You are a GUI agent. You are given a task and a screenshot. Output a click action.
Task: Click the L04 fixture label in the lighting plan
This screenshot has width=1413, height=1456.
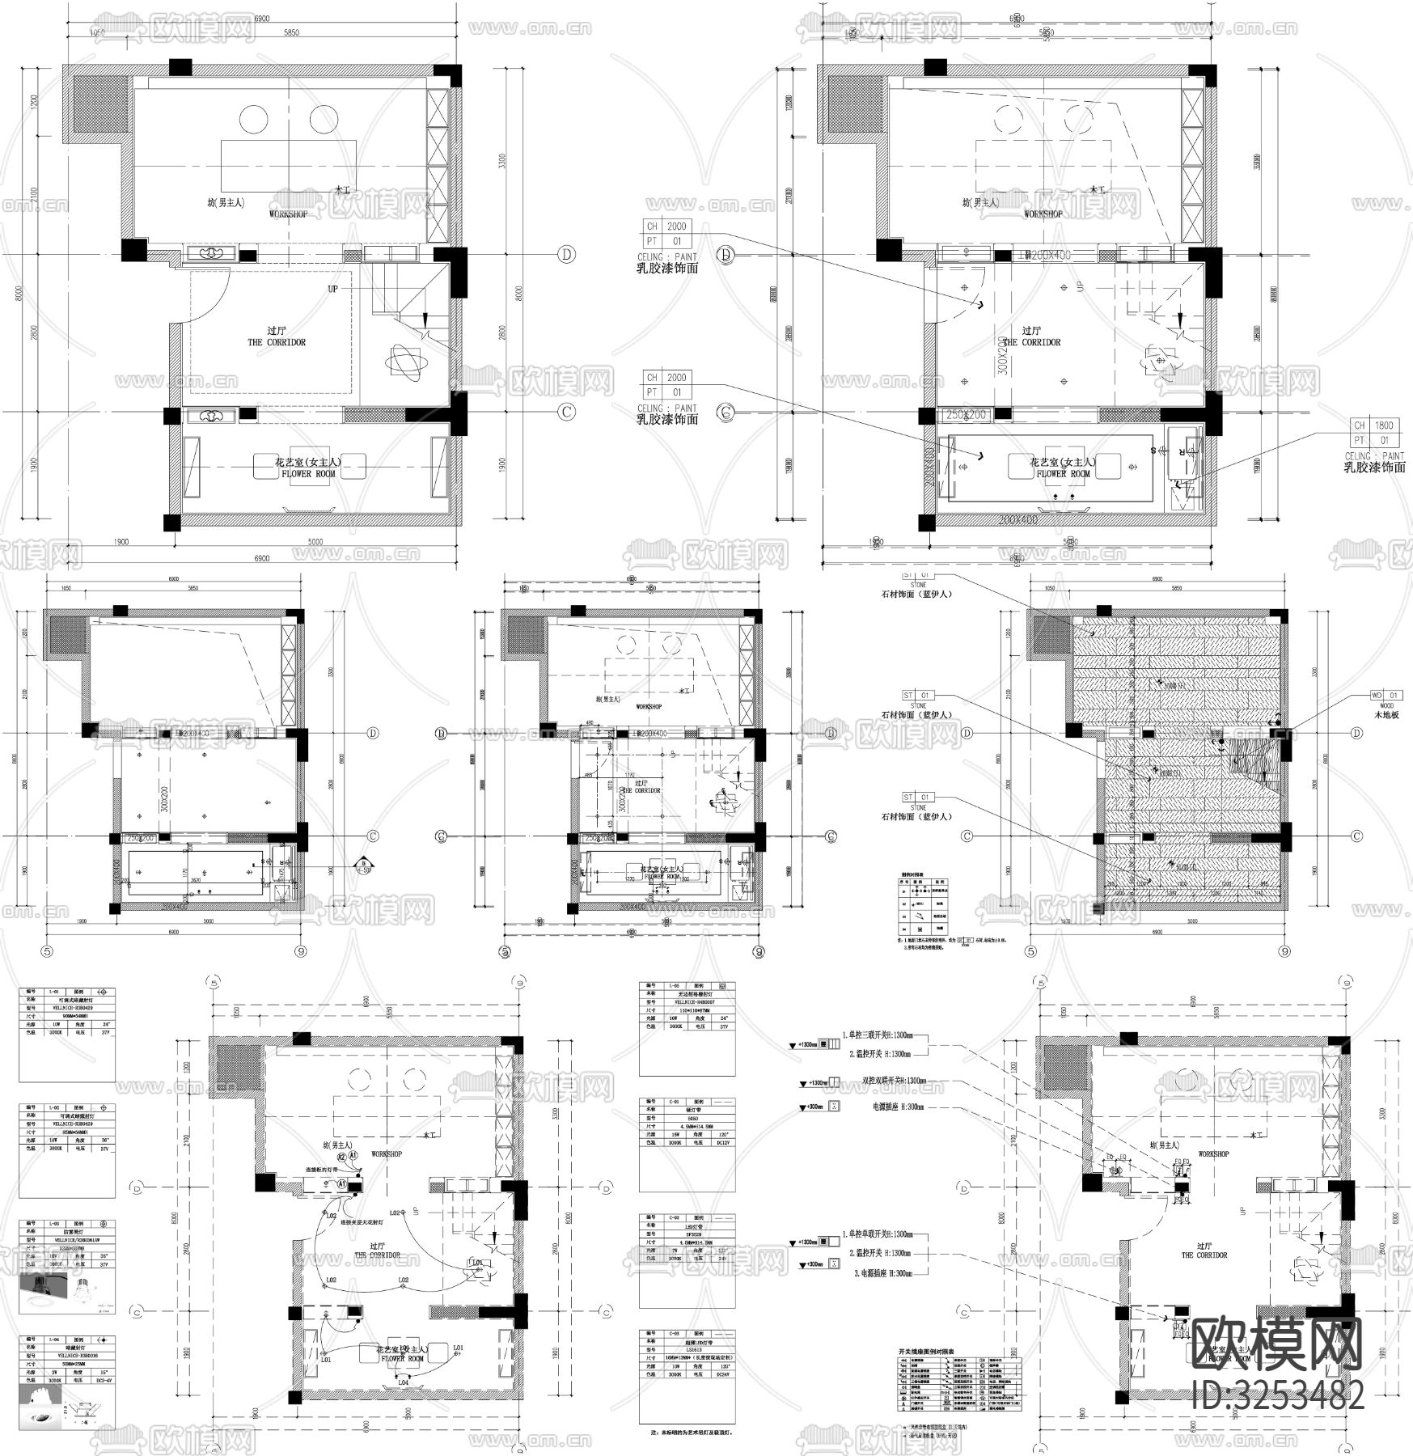[x=402, y=1382]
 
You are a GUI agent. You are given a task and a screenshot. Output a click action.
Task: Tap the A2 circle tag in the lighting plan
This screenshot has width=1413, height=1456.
[x=342, y=1158]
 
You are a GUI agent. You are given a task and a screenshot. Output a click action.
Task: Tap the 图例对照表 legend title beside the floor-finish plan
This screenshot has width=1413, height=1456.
[x=913, y=874]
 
